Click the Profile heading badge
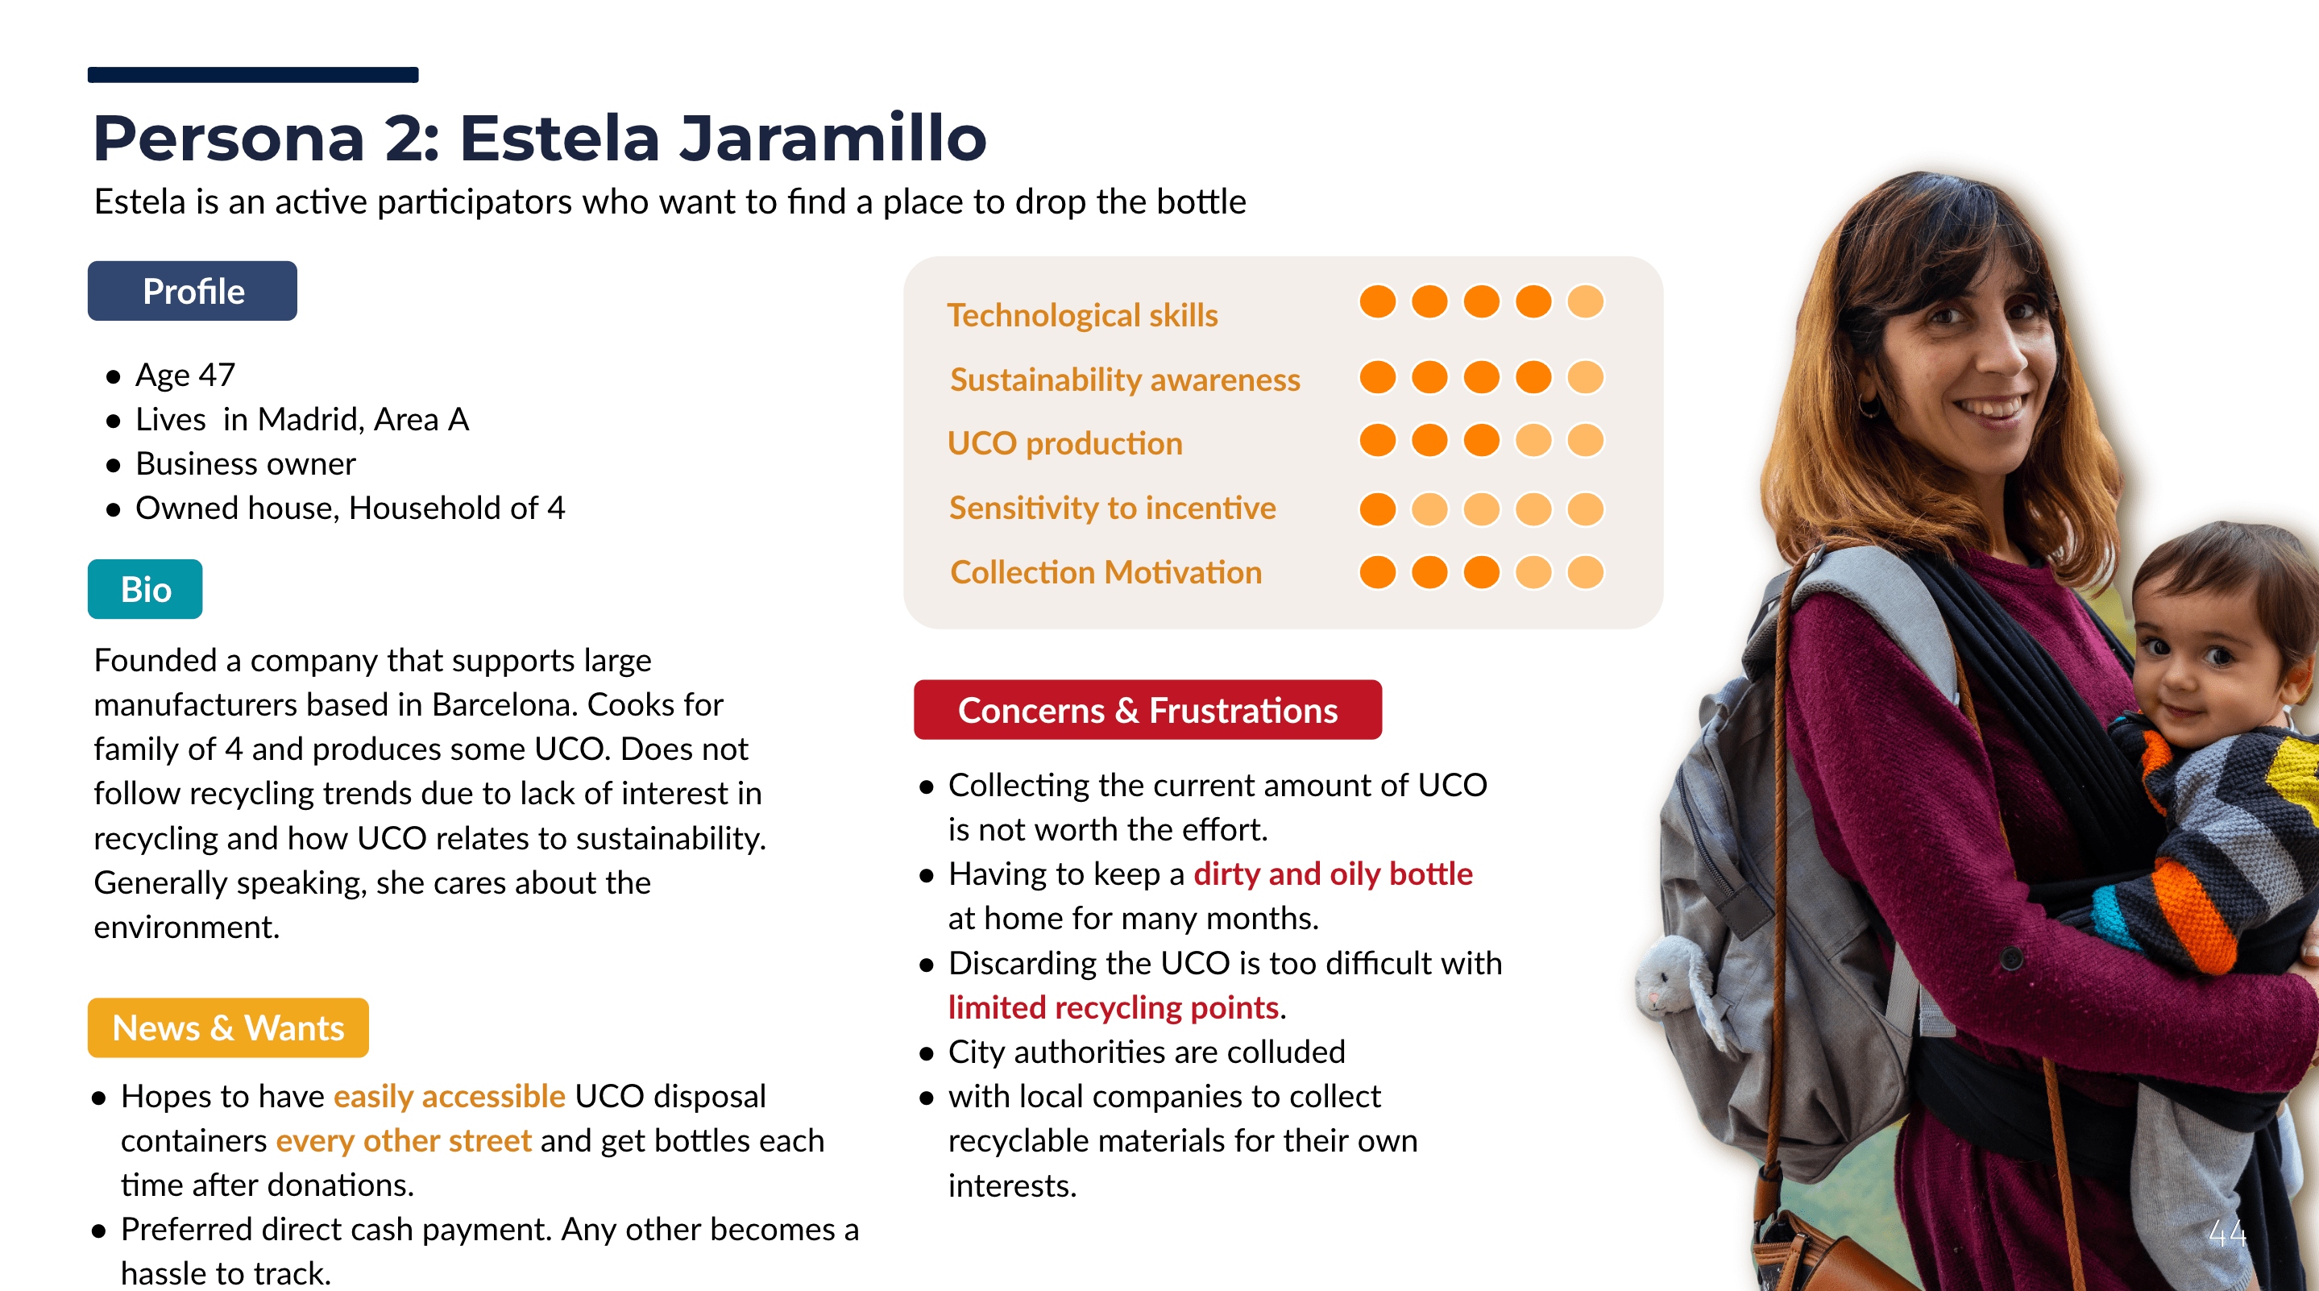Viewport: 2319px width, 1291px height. click(192, 291)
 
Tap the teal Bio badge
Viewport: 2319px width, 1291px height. click(145, 589)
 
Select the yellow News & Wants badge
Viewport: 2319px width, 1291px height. click(228, 1027)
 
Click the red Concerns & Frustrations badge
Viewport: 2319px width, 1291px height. click(1147, 709)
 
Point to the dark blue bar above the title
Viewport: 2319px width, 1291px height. click(253, 75)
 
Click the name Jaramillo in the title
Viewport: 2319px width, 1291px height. click(832, 138)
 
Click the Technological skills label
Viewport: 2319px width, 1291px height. click(1082, 315)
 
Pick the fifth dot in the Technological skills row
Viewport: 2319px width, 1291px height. click(1585, 301)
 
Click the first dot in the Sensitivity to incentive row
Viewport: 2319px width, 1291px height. click(1377, 509)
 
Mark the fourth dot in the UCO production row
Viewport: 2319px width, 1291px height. click(1533, 440)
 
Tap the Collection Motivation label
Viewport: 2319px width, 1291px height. click(1106, 573)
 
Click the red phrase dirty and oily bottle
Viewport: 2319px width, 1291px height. click(1334, 874)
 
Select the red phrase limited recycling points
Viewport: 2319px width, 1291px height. click(1114, 1007)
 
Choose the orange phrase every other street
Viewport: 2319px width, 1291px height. click(404, 1140)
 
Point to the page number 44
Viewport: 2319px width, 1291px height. click(2227, 1232)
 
